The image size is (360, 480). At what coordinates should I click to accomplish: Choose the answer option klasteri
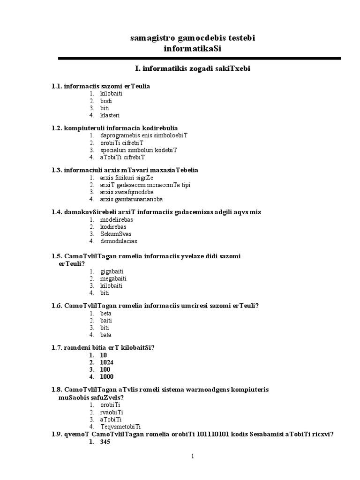pos(110,115)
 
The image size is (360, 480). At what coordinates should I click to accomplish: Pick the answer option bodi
pos(106,101)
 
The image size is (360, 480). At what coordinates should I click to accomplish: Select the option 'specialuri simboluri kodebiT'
pos(138,150)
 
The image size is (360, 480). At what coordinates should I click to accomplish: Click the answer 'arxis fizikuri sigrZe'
pos(127,178)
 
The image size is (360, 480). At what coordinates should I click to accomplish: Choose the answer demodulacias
pos(119,241)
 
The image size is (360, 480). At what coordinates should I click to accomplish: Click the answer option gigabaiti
pos(112,271)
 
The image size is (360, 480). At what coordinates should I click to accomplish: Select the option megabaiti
pos(113,278)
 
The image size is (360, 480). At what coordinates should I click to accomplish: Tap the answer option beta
pos(106,314)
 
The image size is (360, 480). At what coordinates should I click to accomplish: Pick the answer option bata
pos(106,335)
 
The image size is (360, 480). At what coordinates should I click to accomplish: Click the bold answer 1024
pos(107,362)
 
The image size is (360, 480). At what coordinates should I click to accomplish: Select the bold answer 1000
pos(107,376)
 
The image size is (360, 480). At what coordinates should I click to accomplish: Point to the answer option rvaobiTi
pos(111,412)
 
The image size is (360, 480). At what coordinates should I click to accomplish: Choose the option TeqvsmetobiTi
pos(121,427)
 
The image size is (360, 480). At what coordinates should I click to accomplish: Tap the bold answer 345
pos(105,442)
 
